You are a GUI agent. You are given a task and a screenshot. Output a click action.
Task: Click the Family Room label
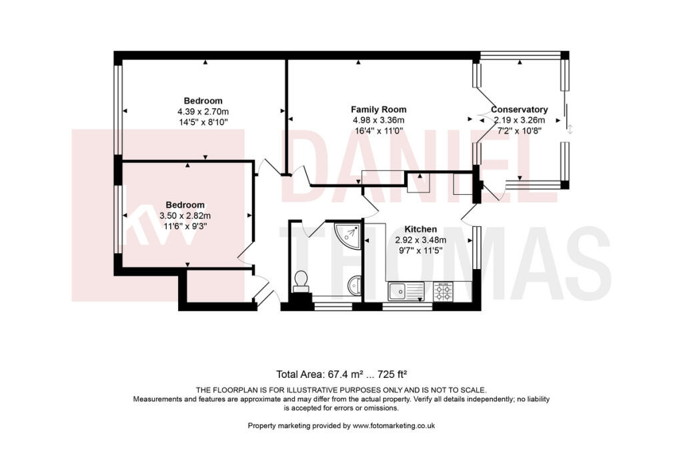(378, 109)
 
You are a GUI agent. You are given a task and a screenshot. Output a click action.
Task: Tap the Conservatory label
(519, 109)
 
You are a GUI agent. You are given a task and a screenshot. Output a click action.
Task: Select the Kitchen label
(420, 229)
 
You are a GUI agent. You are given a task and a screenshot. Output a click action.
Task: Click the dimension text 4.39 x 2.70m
(203, 111)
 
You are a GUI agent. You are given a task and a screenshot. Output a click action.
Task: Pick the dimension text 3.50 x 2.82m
(185, 216)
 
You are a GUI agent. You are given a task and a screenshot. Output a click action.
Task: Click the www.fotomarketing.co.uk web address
(394, 426)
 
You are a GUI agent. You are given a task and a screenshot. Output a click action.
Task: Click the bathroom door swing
(304, 228)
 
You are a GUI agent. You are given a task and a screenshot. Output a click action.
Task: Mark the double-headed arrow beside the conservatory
(569, 130)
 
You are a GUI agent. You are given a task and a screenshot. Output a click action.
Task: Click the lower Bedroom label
(185, 204)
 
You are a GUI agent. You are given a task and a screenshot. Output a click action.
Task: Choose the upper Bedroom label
(203, 101)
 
